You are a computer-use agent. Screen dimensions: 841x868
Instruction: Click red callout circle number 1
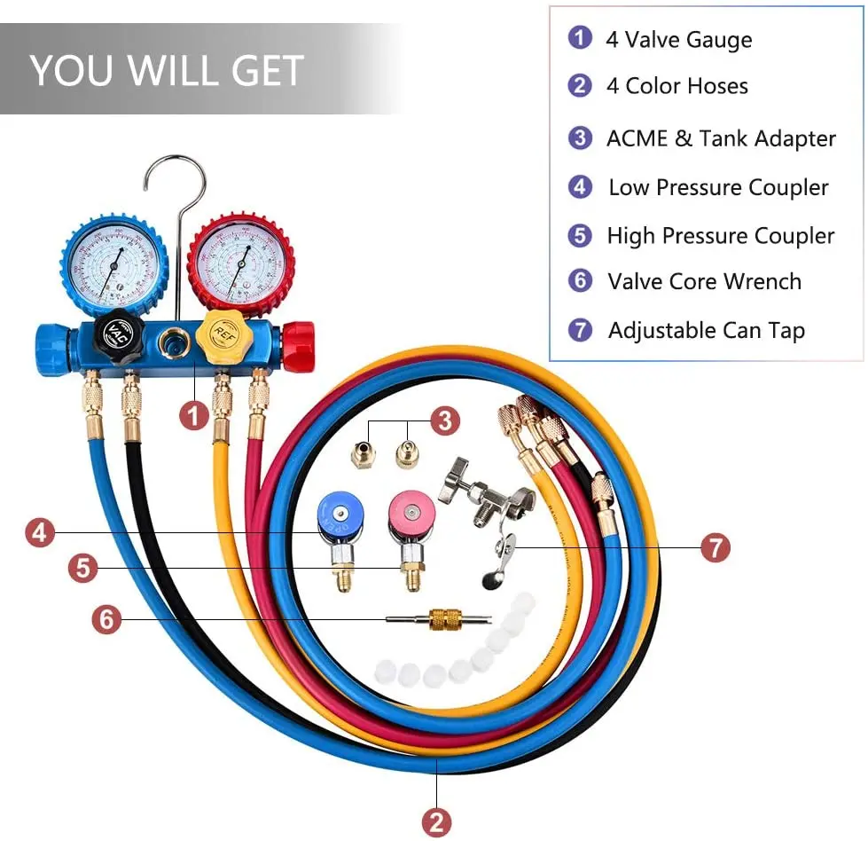[194, 413]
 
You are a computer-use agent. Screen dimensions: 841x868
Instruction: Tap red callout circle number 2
[435, 821]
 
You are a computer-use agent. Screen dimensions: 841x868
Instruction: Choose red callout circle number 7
[715, 547]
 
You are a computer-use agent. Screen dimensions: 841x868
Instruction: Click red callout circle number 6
[106, 618]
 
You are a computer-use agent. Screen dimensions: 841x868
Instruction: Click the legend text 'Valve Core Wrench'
[704, 282]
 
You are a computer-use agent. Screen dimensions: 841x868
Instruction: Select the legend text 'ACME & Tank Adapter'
[720, 138]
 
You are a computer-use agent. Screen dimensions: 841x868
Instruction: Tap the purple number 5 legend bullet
[580, 235]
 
